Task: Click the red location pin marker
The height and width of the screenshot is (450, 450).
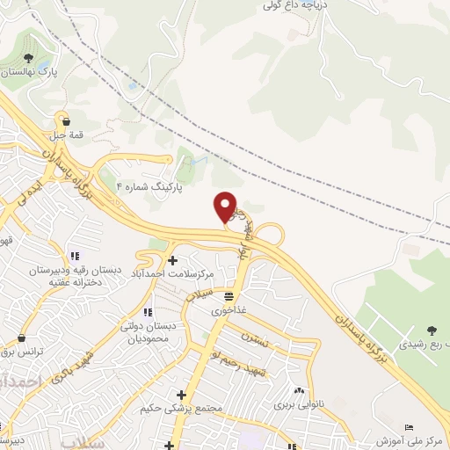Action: point(225,207)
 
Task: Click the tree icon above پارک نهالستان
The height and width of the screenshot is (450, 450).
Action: point(29,57)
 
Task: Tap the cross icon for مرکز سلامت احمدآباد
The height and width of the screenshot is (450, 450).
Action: point(171,260)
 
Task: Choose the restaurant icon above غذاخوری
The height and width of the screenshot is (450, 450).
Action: point(229,296)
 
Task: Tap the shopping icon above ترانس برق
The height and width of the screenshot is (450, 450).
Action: point(21,337)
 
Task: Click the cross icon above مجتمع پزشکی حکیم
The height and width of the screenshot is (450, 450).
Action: point(181,395)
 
